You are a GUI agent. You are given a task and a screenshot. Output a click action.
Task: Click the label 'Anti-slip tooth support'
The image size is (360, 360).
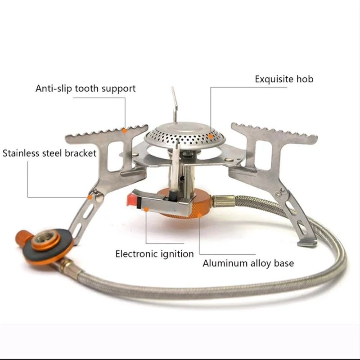[85, 88]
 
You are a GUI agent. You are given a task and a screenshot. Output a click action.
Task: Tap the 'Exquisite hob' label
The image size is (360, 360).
[284, 79]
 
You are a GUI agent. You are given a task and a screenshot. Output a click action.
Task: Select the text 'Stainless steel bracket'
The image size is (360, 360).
[49, 153]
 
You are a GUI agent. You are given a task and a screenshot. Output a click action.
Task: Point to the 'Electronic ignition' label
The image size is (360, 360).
[154, 254]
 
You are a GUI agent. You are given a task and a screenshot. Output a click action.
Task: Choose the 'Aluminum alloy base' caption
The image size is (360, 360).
[248, 263]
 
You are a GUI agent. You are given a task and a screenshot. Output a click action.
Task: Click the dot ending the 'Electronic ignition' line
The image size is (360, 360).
[146, 208]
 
